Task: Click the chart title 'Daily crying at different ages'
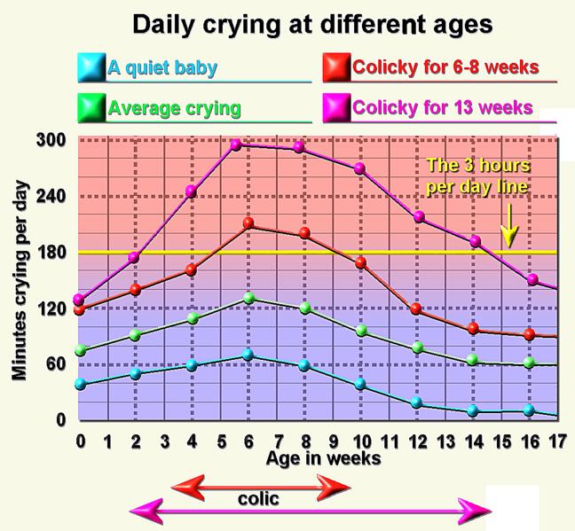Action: (311, 24)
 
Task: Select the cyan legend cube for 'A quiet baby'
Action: (91, 66)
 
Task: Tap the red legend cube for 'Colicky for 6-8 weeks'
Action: (335, 66)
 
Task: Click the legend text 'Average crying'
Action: (174, 109)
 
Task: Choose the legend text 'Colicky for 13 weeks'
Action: (443, 108)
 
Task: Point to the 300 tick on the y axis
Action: (51, 140)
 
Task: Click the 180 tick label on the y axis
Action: (51, 253)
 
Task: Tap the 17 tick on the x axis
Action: (557, 440)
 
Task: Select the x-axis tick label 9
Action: (333, 440)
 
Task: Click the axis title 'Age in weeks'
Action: (323, 458)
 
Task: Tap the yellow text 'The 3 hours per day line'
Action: (477, 176)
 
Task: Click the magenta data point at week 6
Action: (236, 144)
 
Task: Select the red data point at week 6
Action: (248, 223)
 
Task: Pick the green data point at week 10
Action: (360, 331)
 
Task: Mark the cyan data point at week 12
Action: (417, 402)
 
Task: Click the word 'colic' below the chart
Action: (259, 499)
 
